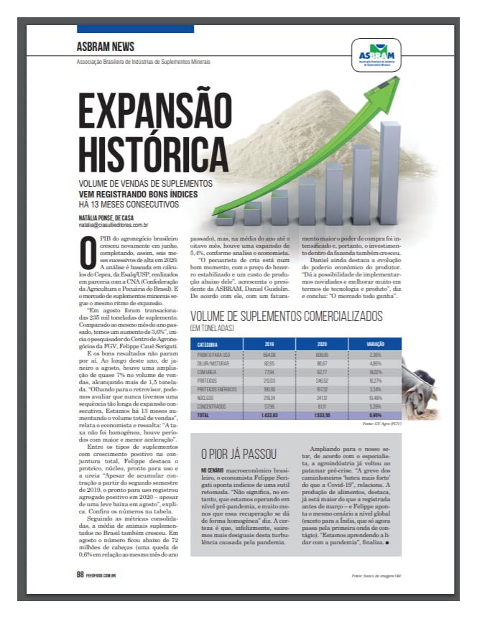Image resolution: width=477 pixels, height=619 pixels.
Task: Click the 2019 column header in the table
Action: tap(269, 345)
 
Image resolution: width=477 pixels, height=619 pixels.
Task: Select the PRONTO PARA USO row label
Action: tap(213, 354)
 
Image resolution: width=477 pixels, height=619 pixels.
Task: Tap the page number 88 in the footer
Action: tap(80, 574)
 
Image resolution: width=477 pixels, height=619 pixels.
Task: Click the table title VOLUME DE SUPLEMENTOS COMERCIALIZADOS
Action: tap(285, 317)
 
